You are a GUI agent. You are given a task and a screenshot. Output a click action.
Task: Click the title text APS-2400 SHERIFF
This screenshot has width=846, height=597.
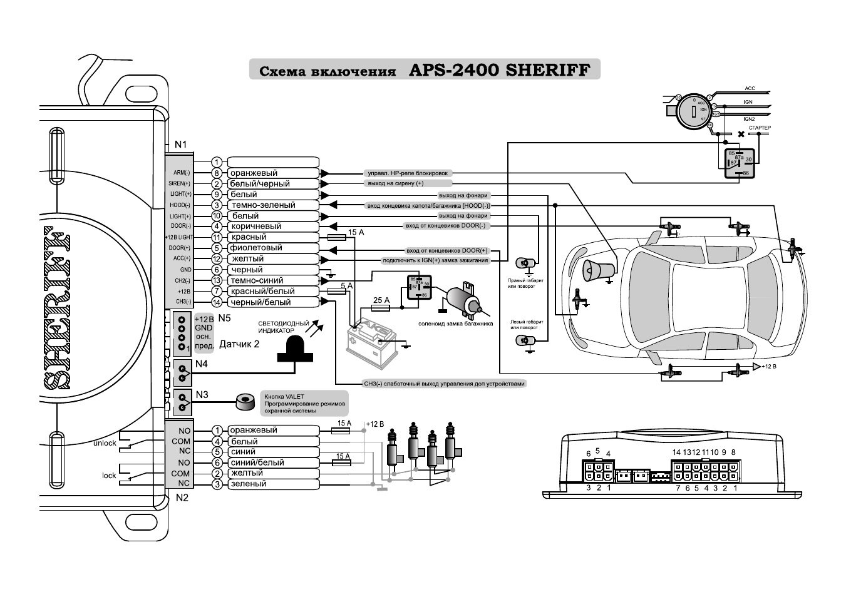[499, 69]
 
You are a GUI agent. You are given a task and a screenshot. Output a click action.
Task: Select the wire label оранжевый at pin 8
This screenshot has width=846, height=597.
[253, 173]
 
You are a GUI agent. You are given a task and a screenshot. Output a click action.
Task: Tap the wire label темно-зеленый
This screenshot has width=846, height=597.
[263, 205]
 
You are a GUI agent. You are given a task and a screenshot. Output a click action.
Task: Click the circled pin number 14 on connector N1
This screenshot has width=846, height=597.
[217, 302]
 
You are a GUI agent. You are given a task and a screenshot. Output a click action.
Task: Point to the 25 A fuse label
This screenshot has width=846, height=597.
[381, 300]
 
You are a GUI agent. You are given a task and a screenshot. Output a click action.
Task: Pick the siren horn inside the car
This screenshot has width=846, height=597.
[598, 270]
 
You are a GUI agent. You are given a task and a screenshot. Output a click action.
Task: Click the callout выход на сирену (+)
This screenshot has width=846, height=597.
[394, 184]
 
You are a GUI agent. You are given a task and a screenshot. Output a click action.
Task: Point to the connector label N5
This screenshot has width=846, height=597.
[224, 318]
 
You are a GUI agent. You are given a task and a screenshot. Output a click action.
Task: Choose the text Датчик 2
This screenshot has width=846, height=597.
[239, 344]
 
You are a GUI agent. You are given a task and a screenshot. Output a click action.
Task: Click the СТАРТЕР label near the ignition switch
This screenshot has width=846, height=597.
[760, 128]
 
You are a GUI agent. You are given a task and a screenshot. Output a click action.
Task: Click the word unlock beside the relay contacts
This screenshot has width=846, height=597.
[105, 443]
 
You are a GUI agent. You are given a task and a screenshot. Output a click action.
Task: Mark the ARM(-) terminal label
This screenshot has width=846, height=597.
[182, 173]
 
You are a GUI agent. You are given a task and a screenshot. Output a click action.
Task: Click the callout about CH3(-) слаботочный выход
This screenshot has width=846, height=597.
[444, 384]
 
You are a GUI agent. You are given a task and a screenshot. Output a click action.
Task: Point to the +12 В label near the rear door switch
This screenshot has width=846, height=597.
[769, 366]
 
